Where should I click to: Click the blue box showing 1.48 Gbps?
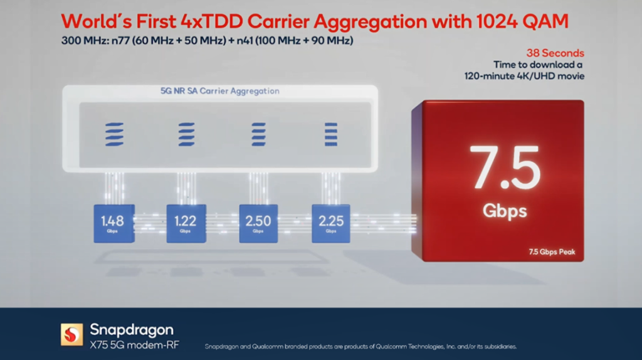pyautogui.click(x=113, y=223)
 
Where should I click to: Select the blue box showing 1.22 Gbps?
pyautogui.click(x=186, y=223)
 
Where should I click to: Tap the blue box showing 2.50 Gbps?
pyautogui.click(x=258, y=223)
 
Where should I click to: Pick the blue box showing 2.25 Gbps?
pyautogui.click(x=330, y=223)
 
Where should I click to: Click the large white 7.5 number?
pyautogui.click(x=504, y=168)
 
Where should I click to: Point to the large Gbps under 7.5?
pyautogui.click(x=504, y=211)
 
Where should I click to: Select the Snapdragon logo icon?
pyautogui.click(x=71, y=334)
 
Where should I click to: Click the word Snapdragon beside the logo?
pyautogui.click(x=131, y=329)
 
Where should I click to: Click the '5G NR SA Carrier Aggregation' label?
pyautogui.click(x=220, y=91)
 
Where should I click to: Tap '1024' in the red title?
pyautogui.click(x=492, y=22)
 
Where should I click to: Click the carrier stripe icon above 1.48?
pyautogui.click(x=113, y=134)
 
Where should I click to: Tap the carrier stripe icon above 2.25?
pyautogui.click(x=330, y=134)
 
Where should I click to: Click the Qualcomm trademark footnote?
pyautogui.click(x=360, y=347)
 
